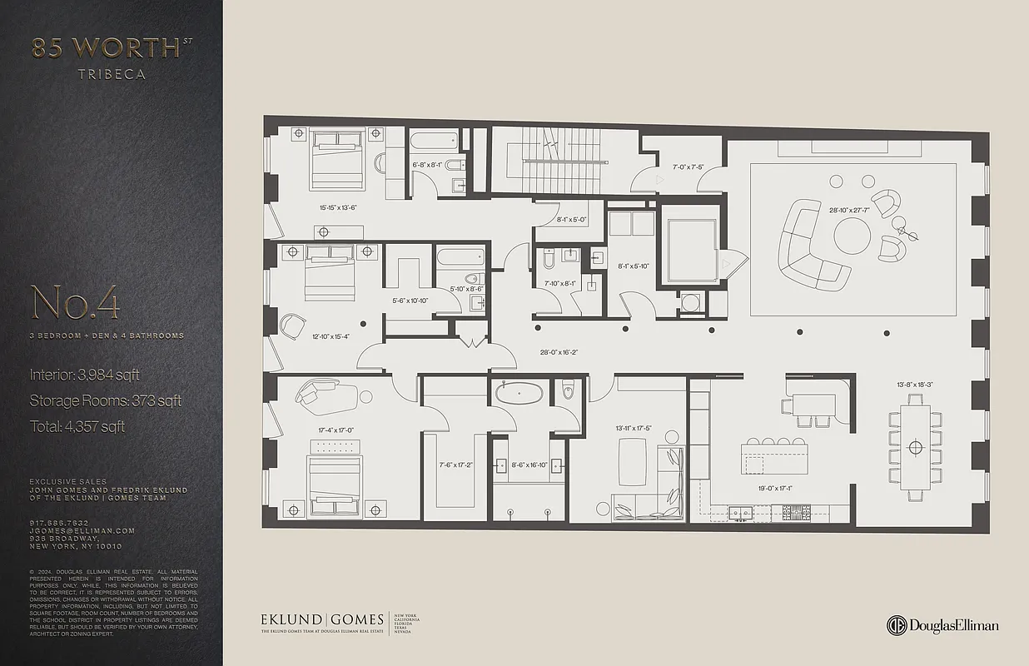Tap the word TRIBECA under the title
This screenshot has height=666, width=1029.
(112, 74)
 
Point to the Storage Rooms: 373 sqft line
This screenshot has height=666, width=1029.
(105, 400)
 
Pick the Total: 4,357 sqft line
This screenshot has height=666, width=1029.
(77, 426)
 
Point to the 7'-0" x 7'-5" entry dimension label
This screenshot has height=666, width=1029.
(682, 167)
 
